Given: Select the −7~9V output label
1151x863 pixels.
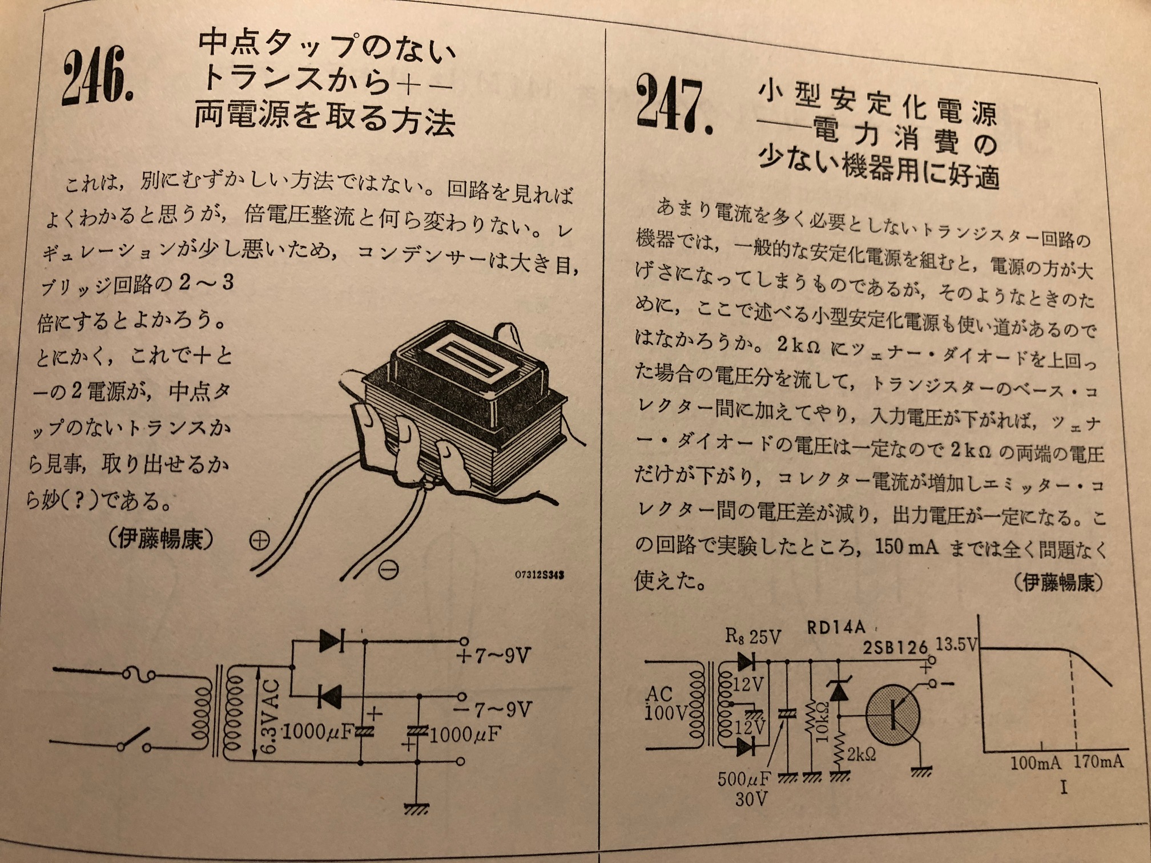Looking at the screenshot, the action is pos(494,709).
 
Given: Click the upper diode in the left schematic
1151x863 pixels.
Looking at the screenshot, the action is pos(332,640).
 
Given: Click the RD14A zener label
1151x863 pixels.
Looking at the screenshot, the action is pos(836,628).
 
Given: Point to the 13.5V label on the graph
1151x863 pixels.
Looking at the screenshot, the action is pos(956,644).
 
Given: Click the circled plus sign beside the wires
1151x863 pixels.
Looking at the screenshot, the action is pos(260,541).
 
